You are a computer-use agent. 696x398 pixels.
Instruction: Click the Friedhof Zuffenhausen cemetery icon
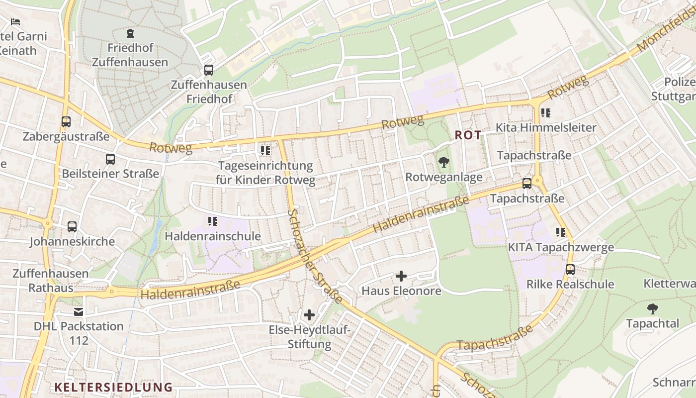click(130, 34)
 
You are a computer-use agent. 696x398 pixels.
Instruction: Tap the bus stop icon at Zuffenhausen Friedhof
click(209, 70)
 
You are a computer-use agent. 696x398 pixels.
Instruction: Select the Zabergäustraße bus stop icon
click(66, 121)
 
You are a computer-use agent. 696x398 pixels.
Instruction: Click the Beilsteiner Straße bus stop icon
click(110, 159)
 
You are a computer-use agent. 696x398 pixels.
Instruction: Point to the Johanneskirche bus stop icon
click(72, 227)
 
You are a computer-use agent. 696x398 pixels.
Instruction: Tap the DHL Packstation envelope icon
click(79, 312)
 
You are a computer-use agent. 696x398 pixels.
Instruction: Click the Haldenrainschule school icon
click(213, 221)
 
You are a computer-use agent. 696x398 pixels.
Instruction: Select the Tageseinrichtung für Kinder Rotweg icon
click(265, 150)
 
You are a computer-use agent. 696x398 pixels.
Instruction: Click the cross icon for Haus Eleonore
click(401, 276)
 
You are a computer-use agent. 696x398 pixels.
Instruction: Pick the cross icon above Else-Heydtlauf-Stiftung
click(309, 315)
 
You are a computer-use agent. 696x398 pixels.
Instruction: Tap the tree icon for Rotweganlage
click(443, 162)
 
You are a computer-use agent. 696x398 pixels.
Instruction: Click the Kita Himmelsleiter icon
click(546, 113)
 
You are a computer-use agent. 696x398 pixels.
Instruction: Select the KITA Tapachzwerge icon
click(561, 232)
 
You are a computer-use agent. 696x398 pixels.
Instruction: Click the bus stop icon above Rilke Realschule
click(570, 270)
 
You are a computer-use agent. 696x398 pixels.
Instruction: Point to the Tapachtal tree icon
click(652, 309)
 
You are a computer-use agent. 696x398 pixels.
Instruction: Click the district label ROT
click(468, 135)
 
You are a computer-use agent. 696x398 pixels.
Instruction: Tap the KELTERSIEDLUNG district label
click(113, 387)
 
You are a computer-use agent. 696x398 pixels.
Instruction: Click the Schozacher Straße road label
click(315, 256)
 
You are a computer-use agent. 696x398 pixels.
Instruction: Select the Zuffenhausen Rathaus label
click(50, 281)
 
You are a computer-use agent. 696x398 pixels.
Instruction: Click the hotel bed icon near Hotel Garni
click(15, 22)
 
